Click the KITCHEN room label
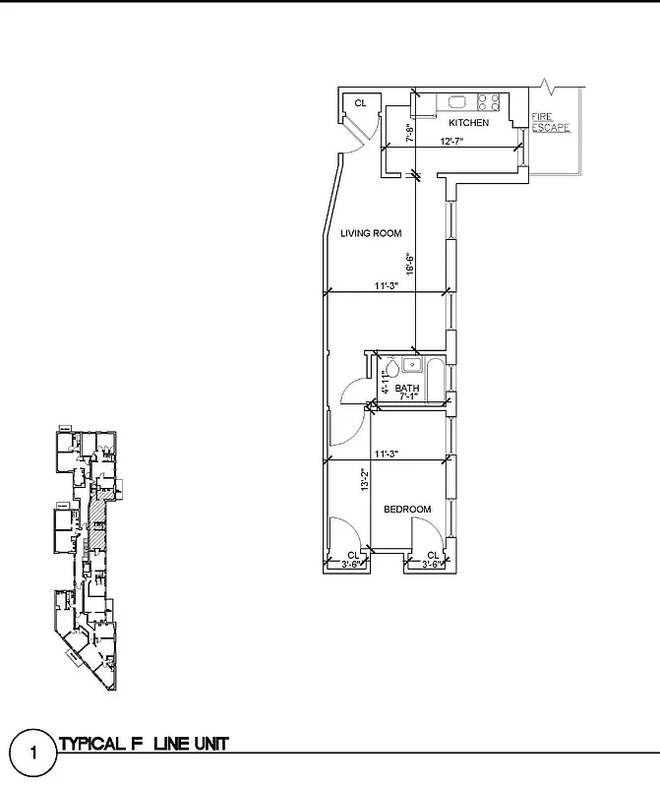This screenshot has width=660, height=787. [468, 123]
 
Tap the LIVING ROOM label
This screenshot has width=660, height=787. [371, 233]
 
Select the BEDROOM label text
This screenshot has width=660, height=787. [407, 509]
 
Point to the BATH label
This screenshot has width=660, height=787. [407, 389]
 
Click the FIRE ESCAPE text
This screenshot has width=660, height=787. [550, 123]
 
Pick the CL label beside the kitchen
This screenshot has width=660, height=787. [360, 102]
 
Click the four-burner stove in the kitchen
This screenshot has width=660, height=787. [490, 100]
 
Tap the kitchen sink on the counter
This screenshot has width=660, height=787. [457, 100]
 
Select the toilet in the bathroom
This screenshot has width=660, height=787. [390, 368]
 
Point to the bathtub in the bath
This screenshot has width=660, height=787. [436, 373]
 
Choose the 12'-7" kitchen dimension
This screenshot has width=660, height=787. [451, 142]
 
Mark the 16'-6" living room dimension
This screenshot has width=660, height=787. [410, 264]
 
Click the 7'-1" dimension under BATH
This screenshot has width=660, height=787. [407, 397]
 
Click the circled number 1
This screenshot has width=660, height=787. [33, 755]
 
